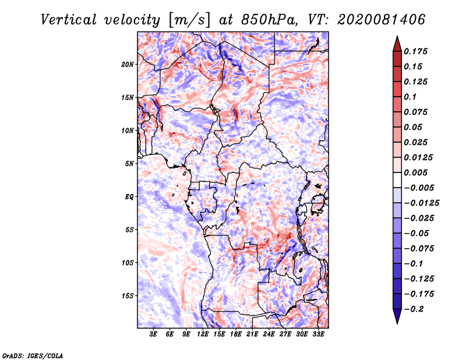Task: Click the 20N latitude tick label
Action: (128, 65)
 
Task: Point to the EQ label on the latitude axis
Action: (129, 197)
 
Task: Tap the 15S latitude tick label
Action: (128, 296)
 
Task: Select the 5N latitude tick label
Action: (129, 164)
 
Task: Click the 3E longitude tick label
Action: (153, 334)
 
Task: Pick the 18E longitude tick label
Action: (236, 334)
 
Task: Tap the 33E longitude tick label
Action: (318, 334)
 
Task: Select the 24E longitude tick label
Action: (269, 334)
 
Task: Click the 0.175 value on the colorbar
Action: (415, 51)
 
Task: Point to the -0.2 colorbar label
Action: (414, 309)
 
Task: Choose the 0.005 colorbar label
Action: (415, 172)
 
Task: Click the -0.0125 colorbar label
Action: (421, 203)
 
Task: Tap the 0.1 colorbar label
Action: (410, 97)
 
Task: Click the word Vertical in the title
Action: (69, 20)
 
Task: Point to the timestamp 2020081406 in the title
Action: (382, 20)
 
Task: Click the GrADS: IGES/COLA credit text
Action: (33, 355)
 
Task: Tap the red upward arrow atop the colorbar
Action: (397, 44)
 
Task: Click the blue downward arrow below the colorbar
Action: (397, 316)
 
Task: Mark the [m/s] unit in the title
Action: (189, 20)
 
